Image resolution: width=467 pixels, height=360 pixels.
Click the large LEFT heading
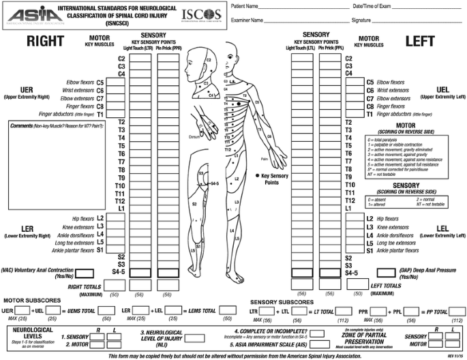[x=419, y=42]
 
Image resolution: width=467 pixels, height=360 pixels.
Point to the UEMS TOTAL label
[x=80, y=311]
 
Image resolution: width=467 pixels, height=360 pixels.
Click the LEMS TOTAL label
[x=198, y=311]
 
